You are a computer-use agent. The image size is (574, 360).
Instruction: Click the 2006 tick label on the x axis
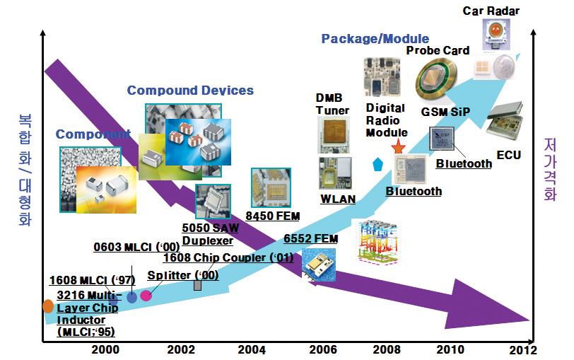tap(323, 349)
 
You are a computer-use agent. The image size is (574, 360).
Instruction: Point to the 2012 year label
tap(523, 350)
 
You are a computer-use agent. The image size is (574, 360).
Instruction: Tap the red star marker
tap(398, 146)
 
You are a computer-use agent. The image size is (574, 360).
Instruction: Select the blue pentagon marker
tap(377, 164)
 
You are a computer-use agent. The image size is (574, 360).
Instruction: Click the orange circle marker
tap(48, 306)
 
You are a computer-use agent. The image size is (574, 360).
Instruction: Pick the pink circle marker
tap(146, 295)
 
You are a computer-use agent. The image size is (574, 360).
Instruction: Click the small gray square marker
tap(197, 285)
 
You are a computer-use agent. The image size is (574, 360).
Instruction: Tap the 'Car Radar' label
tap(491, 11)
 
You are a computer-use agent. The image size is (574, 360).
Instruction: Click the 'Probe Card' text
tap(438, 50)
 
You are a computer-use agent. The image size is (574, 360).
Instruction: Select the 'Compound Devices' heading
tap(190, 90)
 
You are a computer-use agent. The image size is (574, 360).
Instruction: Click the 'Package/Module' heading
tap(375, 38)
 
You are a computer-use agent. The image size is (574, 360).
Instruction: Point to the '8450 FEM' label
tap(273, 216)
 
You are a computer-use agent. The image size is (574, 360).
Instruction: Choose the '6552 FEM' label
tap(311, 239)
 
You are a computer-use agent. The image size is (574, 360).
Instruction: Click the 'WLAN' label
tap(338, 199)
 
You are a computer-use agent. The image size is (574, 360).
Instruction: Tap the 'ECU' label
tap(508, 155)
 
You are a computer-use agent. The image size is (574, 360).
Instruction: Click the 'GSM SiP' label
tap(445, 112)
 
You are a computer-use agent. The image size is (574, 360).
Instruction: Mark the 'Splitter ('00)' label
tap(183, 275)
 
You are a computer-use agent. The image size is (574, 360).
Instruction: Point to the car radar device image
tap(496, 34)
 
